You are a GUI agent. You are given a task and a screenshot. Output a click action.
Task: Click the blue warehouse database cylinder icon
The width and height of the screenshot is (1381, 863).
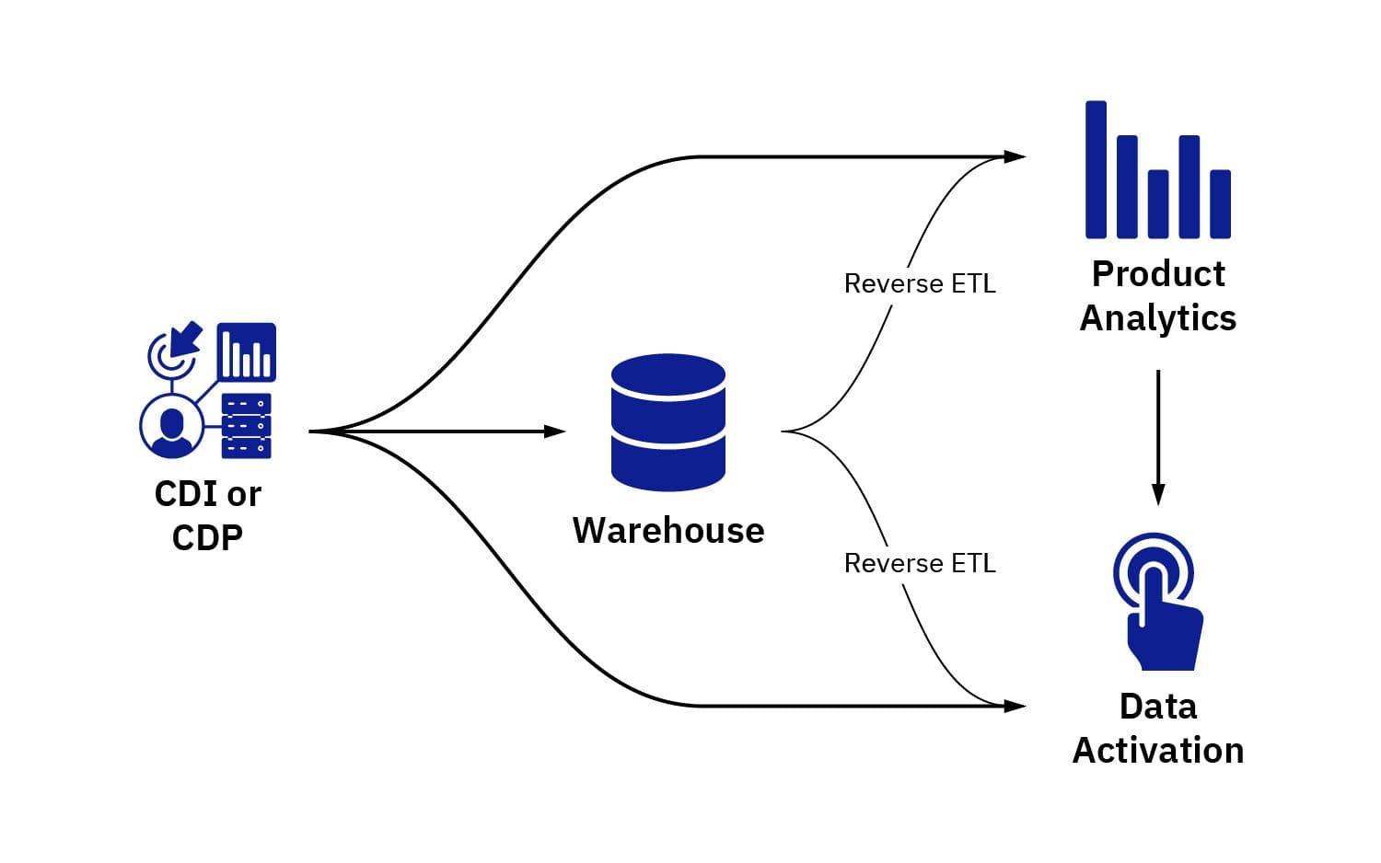[668, 422]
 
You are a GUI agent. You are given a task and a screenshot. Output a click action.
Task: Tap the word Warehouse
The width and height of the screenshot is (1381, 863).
[668, 531]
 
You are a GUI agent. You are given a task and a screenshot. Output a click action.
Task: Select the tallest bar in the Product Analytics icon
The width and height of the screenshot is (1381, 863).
[1096, 169]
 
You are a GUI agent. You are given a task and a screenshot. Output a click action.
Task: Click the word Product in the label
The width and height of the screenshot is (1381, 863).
[1158, 274]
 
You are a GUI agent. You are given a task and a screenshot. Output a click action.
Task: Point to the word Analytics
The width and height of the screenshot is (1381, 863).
[1158, 318]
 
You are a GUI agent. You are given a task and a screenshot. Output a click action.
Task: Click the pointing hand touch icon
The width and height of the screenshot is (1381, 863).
[1158, 603]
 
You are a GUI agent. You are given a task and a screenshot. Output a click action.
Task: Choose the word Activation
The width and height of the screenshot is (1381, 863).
[1158, 751]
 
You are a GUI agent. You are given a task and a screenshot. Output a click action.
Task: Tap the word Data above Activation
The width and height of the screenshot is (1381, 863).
[1158, 707]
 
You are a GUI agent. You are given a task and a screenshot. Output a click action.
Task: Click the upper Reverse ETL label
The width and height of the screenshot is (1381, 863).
[920, 283]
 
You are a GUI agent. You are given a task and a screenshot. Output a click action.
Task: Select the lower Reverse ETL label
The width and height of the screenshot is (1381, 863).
[920, 563]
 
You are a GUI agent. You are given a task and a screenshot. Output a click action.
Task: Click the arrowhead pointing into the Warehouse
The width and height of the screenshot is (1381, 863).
[555, 431]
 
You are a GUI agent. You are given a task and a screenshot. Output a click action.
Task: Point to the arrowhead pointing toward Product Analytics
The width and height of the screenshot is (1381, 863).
[1015, 156]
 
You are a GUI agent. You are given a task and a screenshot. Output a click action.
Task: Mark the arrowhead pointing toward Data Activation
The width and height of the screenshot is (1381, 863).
[1015, 706]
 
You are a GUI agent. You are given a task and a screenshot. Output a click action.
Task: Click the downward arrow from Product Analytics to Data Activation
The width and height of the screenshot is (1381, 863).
[1158, 437]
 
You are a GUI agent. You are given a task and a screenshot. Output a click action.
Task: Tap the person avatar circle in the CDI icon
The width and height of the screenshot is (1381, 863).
[171, 426]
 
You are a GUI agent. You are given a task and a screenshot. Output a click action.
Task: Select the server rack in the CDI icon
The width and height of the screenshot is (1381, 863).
[247, 426]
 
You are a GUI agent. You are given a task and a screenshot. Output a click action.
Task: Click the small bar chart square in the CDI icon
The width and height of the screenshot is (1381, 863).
[247, 352]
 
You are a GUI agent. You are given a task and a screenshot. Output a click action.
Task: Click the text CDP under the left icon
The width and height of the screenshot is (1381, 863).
[207, 537]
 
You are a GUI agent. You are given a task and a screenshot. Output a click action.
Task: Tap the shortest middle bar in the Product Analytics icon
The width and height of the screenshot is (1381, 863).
[1158, 204]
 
